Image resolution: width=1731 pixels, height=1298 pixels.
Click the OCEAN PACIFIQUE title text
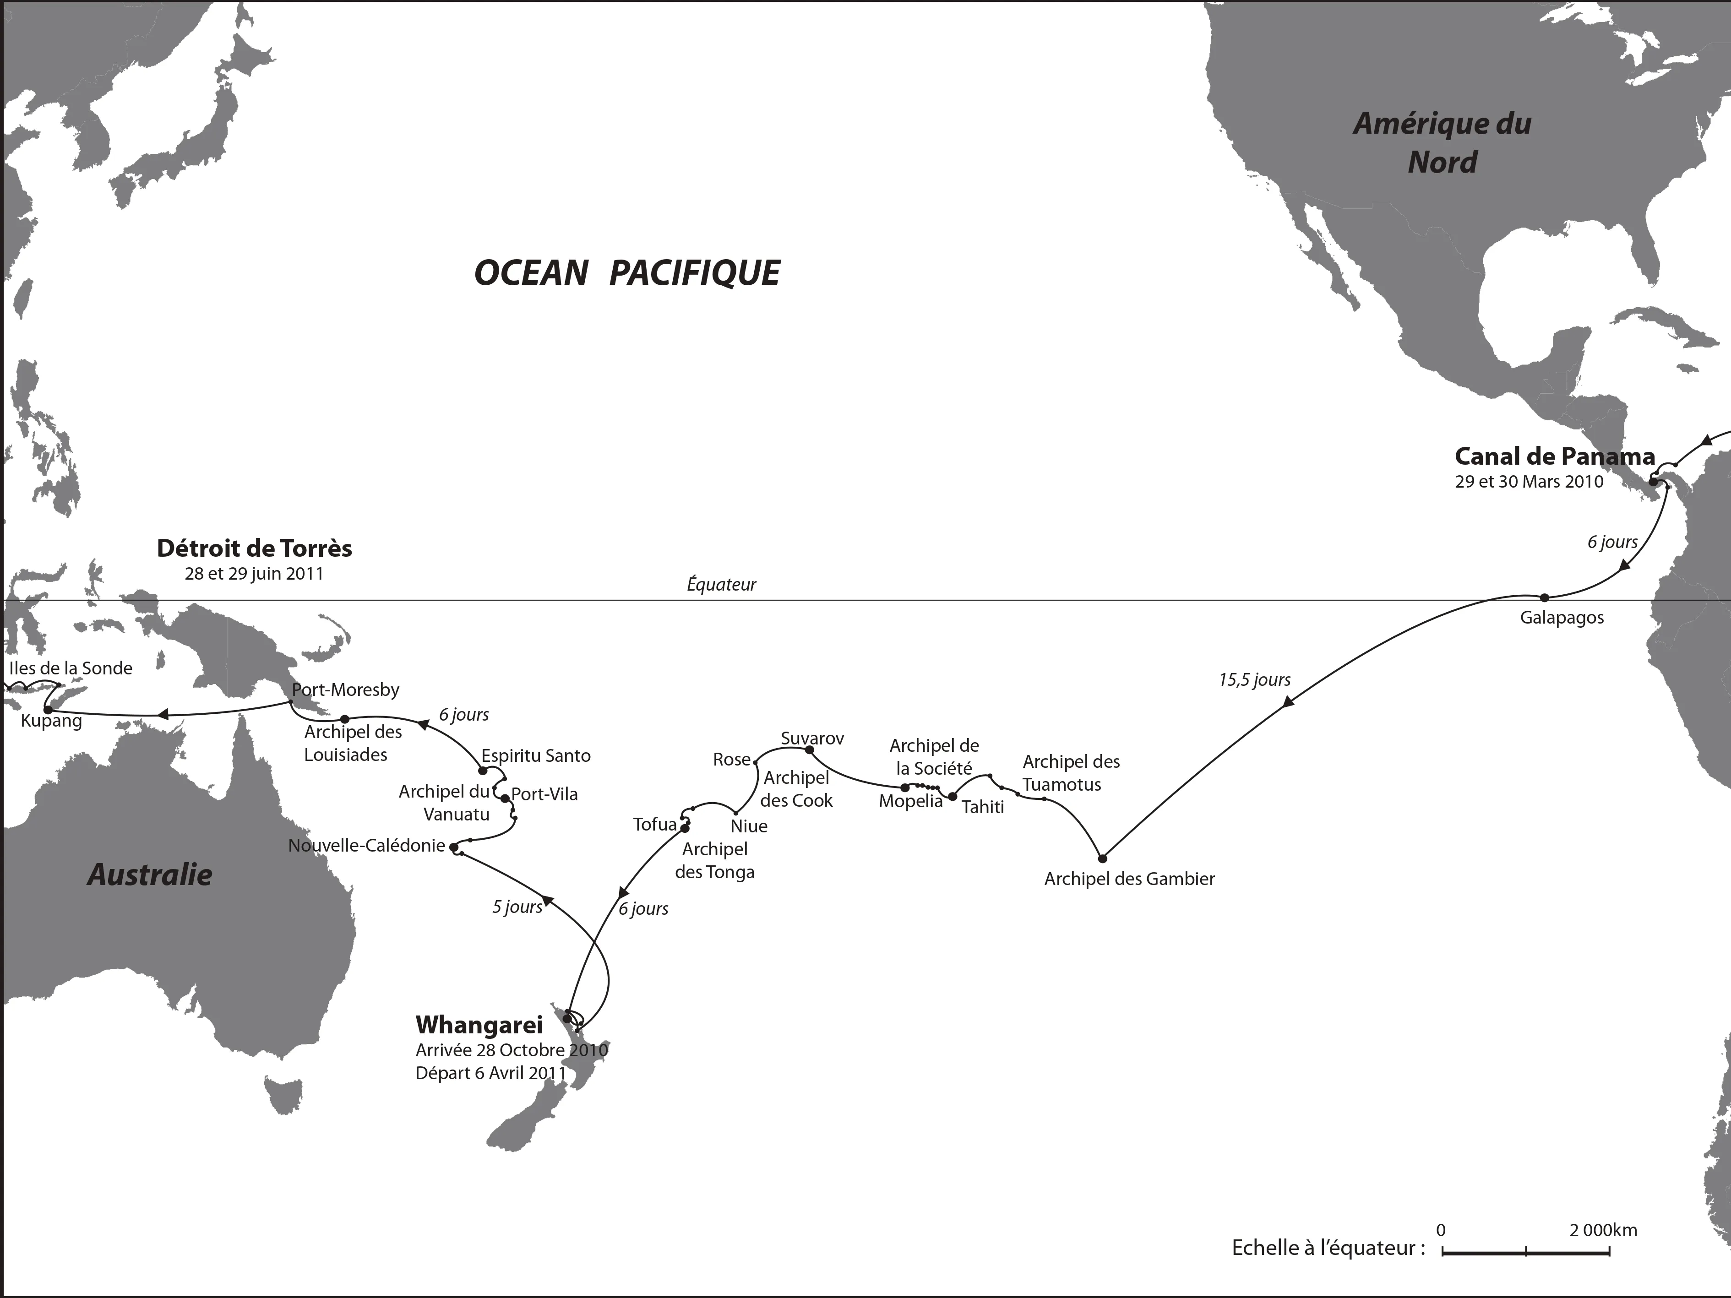(627, 273)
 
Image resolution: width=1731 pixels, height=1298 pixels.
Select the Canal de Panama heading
(1554, 456)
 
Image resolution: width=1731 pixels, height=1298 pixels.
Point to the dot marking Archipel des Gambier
(1103, 858)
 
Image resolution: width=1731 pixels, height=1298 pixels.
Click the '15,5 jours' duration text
(1254, 680)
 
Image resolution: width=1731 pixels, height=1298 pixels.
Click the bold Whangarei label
(479, 1025)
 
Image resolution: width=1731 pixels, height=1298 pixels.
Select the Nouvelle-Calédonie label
(366, 846)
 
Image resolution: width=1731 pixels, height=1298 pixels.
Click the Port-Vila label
(544, 794)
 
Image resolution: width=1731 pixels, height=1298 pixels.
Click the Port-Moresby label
(345, 690)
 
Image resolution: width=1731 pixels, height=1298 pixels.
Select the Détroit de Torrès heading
(254, 549)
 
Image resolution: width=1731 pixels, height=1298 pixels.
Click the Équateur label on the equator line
(721, 585)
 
